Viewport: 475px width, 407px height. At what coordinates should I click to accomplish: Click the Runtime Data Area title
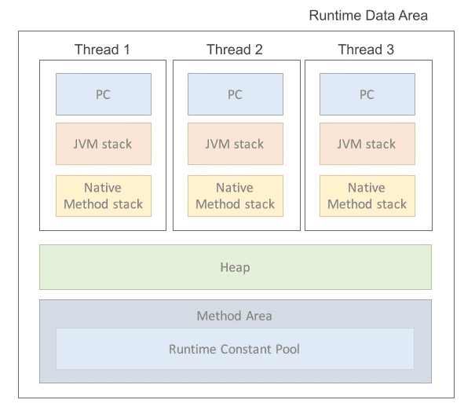pos(367,16)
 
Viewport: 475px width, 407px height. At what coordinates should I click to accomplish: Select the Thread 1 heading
pos(103,50)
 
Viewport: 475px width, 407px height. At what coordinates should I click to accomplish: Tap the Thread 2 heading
pos(235,50)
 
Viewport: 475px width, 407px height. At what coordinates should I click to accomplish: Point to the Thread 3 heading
pos(367,50)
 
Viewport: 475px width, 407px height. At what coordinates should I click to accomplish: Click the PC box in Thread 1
pos(103,94)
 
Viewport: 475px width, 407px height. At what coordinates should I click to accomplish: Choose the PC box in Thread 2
pos(235,94)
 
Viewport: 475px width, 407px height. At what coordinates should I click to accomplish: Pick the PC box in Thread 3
pos(367,94)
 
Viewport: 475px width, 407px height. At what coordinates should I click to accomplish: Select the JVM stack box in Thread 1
pos(103,144)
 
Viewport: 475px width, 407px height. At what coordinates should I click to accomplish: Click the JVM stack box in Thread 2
pos(235,144)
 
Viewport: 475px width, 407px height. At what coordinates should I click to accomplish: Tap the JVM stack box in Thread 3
pos(367,144)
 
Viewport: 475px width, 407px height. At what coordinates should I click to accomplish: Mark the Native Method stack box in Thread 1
pos(103,196)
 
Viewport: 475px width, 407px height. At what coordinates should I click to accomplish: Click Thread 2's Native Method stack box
pos(235,196)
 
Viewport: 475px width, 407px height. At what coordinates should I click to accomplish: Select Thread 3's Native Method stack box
pos(367,196)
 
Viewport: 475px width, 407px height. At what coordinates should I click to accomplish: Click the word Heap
pos(235,268)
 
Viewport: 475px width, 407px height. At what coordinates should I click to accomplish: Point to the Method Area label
pos(235,316)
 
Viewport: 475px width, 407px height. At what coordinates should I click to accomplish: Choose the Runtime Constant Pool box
pos(235,349)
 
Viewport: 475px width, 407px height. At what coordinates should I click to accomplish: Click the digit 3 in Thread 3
pos(390,50)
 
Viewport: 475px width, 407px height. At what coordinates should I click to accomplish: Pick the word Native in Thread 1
pos(103,189)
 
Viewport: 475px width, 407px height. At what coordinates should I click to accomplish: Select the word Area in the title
pos(413,16)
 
